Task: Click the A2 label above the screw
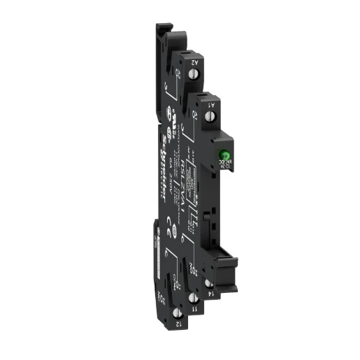pos(196,63)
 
